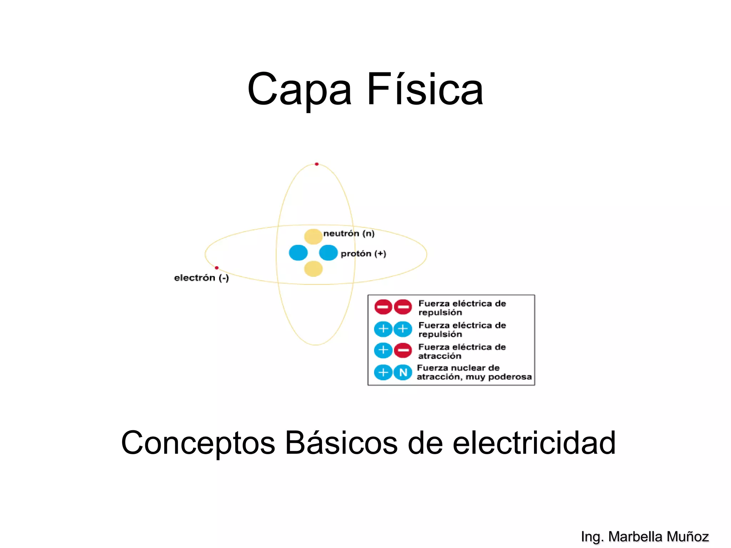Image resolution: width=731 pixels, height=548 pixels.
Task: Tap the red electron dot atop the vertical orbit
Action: coord(317,164)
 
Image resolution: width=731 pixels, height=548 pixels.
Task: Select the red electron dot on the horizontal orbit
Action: coord(217,268)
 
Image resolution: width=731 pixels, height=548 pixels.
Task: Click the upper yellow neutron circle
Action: coord(313,237)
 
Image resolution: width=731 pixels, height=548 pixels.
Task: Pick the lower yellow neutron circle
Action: coord(313,269)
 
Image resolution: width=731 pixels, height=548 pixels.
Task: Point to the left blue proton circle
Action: coord(298,253)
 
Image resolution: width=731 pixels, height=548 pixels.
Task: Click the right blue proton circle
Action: coord(328,253)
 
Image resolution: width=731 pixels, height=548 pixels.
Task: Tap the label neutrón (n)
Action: coord(349,234)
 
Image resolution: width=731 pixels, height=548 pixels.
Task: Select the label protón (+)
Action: coord(363,254)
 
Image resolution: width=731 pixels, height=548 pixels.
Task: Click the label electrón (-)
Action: coord(201,278)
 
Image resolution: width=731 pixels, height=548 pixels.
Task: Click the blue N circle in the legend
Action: coord(403,372)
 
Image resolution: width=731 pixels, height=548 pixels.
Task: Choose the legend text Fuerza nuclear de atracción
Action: coord(474,372)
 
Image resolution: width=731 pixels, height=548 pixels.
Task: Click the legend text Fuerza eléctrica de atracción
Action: coord(462,351)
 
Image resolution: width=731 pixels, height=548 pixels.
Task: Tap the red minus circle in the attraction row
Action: coord(403,350)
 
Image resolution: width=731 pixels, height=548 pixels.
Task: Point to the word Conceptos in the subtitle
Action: coord(198,443)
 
